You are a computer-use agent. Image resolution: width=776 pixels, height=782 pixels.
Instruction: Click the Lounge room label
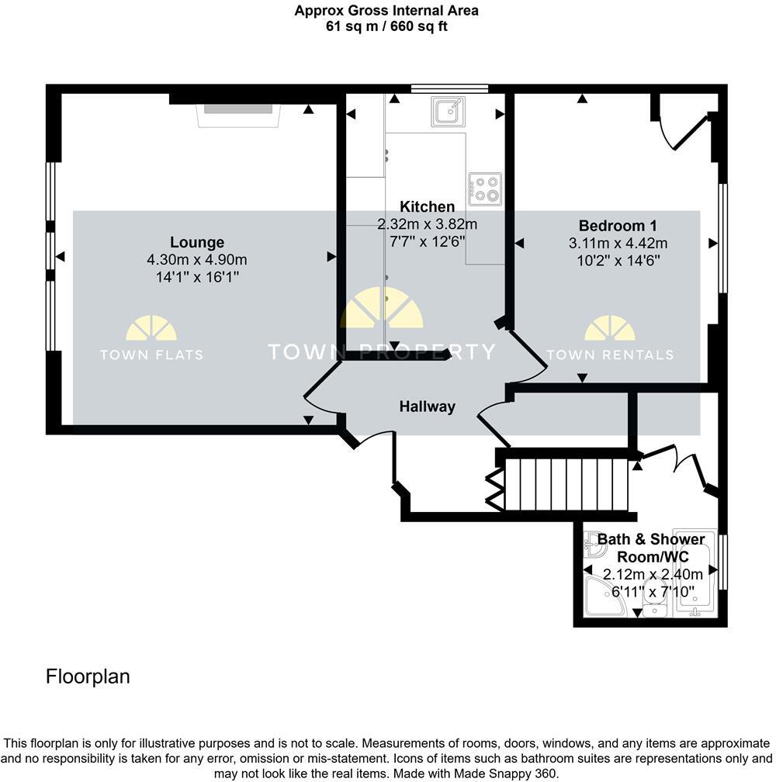[x=197, y=242]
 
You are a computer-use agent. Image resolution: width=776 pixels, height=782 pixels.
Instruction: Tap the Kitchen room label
[x=427, y=206]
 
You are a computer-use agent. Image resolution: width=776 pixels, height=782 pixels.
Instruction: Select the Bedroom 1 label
[x=618, y=226]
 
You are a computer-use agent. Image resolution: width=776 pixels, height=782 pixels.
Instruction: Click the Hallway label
[x=427, y=406]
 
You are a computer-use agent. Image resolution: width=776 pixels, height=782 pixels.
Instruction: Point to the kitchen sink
[x=448, y=112]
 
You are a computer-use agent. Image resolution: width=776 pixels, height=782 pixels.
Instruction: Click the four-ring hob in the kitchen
[x=484, y=189]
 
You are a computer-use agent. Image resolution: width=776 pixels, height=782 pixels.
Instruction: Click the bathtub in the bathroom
[x=697, y=580]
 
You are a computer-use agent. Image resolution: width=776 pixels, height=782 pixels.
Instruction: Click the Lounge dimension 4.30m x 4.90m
[x=197, y=259]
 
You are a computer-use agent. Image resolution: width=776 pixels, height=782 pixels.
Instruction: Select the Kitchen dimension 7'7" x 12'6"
[x=427, y=240]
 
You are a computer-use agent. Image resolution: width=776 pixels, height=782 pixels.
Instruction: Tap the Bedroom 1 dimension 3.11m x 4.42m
[x=618, y=243]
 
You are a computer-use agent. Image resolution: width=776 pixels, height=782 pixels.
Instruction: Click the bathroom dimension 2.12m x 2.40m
[x=653, y=575]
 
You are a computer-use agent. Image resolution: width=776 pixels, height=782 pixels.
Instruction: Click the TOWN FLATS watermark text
[x=151, y=355]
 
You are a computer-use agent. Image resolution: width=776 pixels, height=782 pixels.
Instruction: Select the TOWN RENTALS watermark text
[x=610, y=355]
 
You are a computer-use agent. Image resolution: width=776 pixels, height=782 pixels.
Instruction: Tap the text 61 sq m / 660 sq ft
[x=386, y=26]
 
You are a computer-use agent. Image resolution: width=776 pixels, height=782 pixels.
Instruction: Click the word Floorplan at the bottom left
[x=88, y=676]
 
